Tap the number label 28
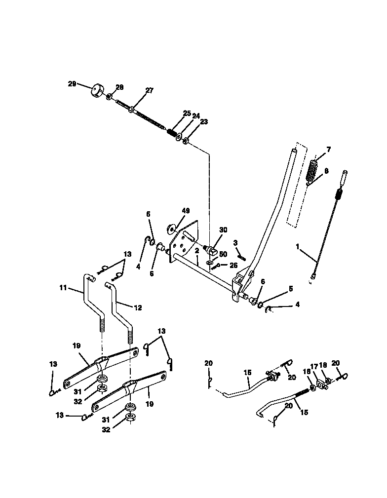pos(119,87)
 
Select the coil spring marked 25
pos(171,132)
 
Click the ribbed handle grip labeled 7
pos(312,170)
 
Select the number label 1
pos(297,245)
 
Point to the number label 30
pos(223,230)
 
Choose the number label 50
pos(223,254)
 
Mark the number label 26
pos(233,265)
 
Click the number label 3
pos(235,242)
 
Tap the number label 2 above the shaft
pos(196,251)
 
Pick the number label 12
pos(138,307)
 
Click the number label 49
pos(185,211)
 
